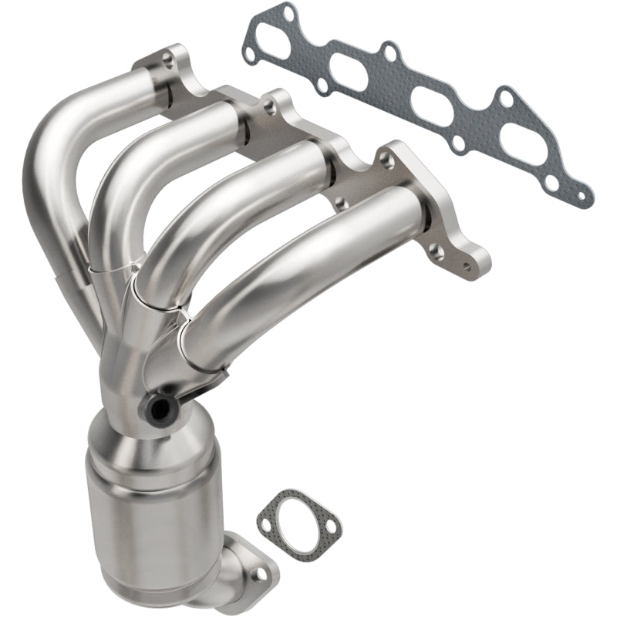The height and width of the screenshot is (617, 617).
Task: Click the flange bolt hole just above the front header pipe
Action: coord(383,157)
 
